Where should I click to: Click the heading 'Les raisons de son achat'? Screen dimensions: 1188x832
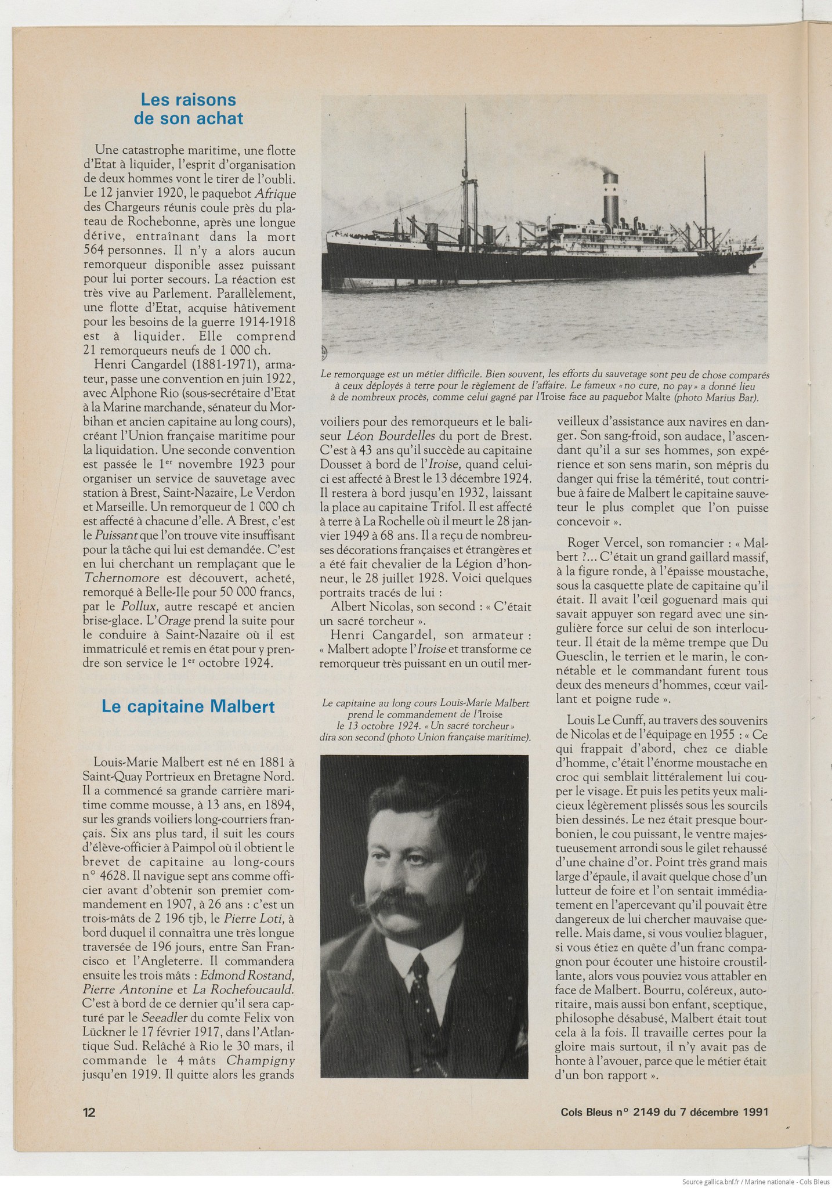pos(188,109)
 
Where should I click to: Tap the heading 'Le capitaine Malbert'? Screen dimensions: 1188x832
pos(188,706)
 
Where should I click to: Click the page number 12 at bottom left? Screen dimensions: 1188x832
pos(89,1112)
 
